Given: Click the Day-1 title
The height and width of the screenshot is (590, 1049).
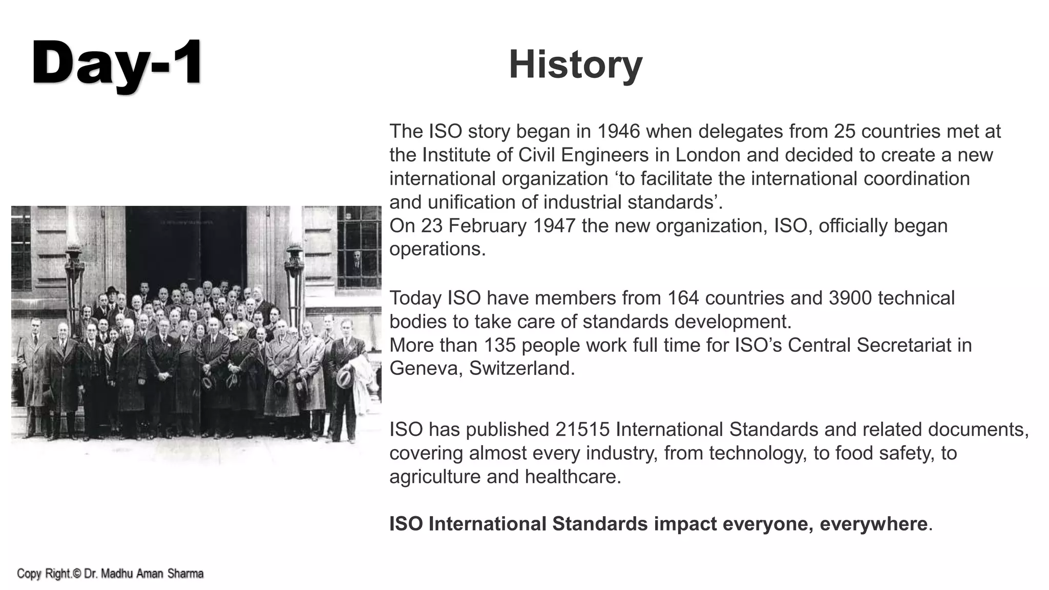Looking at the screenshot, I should pyautogui.click(x=117, y=64).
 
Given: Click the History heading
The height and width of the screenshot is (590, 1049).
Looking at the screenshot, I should pyautogui.click(x=575, y=65).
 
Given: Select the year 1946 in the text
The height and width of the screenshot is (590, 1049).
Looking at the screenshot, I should pyautogui.click(x=619, y=132).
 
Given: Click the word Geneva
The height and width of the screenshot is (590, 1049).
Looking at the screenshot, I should pyautogui.click(x=426, y=369).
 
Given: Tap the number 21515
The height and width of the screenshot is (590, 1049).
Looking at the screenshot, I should pyautogui.click(x=582, y=430).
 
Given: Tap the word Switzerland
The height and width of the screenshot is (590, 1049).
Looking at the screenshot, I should pyautogui.click(x=521, y=369).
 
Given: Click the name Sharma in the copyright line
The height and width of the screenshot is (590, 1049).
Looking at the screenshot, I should pyautogui.click(x=186, y=574).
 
